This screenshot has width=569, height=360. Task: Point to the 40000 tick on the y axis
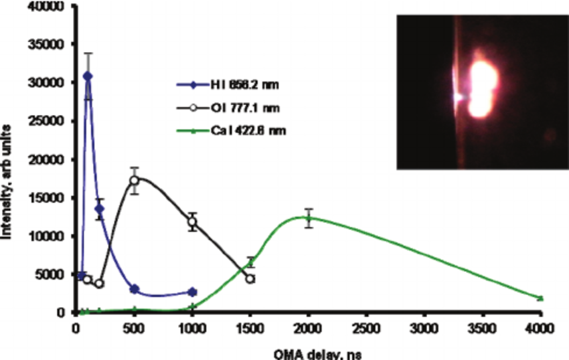(50, 7)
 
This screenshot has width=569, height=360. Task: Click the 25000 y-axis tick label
(50, 121)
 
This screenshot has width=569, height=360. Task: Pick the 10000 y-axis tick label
(50, 236)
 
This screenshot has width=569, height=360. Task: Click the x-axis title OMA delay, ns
(308, 352)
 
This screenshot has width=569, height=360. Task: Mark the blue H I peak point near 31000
(88, 76)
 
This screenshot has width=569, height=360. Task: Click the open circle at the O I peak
(135, 181)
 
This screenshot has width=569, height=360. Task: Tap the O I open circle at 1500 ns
(250, 278)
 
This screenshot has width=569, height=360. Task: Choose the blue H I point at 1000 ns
(193, 292)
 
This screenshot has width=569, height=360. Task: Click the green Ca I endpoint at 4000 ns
(540, 298)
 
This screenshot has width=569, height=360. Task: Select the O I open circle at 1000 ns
(193, 221)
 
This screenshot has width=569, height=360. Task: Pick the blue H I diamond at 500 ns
(135, 289)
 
